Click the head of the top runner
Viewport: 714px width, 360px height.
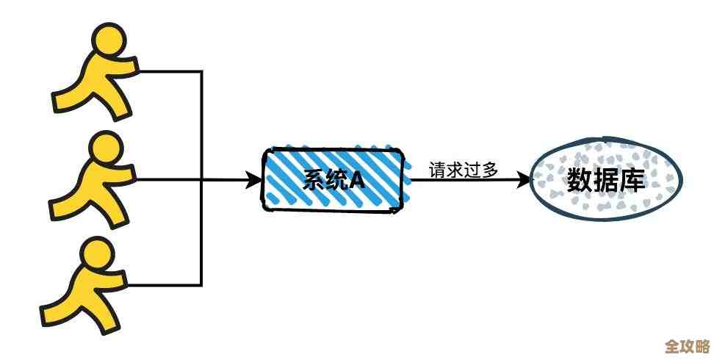(x=107, y=40)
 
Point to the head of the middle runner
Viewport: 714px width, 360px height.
(x=103, y=148)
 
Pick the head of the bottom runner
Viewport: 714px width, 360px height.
(x=96, y=253)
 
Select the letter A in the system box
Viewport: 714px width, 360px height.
(x=356, y=179)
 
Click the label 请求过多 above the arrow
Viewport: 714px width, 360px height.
(x=464, y=169)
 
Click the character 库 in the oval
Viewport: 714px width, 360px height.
(x=632, y=179)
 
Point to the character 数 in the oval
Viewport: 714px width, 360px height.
(x=579, y=179)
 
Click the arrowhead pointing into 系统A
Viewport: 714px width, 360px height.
(x=254, y=179)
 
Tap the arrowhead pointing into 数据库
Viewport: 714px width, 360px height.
(x=522, y=179)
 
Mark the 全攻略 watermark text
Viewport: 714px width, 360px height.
(x=686, y=345)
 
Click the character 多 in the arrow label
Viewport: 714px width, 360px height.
(x=490, y=169)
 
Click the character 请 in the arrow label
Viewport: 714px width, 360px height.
(x=438, y=169)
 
